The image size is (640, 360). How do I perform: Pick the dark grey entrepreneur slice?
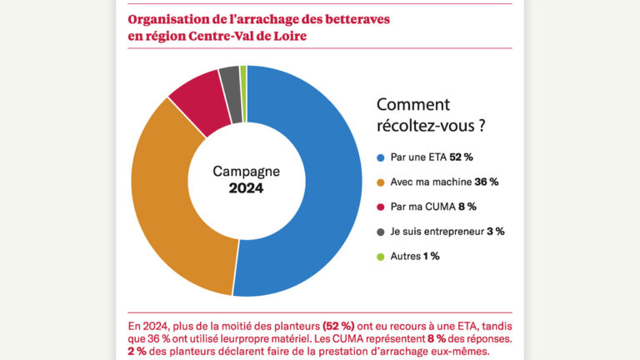[230, 81]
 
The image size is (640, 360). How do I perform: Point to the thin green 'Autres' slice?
[243, 76]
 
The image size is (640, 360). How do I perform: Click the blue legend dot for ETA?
[381, 157]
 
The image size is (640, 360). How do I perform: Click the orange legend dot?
[381, 182]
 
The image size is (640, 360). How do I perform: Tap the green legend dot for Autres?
[381, 256]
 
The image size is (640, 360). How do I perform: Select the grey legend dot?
[381, 231]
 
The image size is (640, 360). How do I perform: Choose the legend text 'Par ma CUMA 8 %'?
[433, 206]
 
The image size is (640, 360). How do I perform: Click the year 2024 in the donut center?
[246, 189]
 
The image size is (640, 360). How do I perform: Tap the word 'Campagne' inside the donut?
[246, 171]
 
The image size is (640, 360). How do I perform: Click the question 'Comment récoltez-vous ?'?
[431, 116]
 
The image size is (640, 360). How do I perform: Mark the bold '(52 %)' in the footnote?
[338, 325]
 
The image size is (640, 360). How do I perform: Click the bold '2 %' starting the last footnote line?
[138, 352]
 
